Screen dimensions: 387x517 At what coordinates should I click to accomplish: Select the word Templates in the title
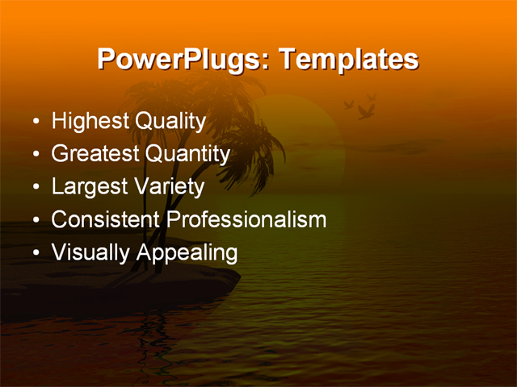tap(350, 60)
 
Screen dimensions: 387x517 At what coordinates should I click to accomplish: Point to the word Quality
tap(170, 122)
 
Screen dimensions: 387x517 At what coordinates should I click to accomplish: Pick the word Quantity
tap(187, 154)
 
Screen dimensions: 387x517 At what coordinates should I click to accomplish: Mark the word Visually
tap(90, 252)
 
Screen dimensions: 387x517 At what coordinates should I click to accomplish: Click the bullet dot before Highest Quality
tap(36, 123)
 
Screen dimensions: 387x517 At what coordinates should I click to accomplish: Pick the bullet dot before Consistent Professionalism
tap(36, 221)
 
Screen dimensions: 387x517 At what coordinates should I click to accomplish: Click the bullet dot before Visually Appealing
tap(36, 254)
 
